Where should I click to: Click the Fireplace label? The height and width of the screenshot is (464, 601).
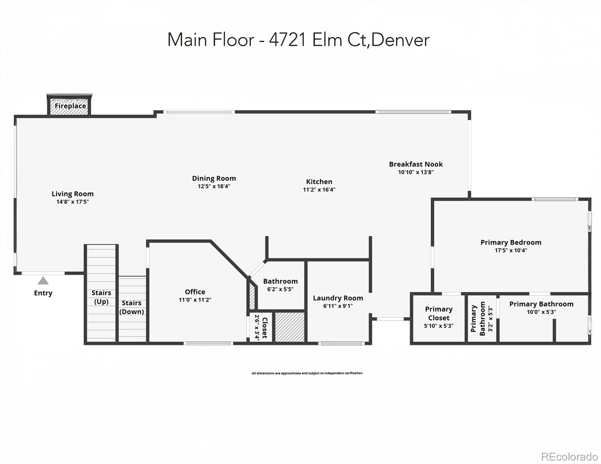[x=70, y=106]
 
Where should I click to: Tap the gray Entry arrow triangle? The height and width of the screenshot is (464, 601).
[x=43, y=281]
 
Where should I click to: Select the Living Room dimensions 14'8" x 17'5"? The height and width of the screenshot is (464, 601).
[x=73, y=202]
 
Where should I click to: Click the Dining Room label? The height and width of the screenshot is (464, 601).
[x=214, y=178]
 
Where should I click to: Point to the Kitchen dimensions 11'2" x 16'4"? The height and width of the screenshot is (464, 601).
[x=319, y=190]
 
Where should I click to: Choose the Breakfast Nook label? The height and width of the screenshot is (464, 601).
[x=416, y=164]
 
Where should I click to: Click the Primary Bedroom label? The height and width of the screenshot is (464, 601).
[x=510, y=242]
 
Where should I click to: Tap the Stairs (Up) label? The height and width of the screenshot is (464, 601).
[x=101, y=297]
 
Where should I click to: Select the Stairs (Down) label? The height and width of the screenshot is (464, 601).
[x=132, y=307]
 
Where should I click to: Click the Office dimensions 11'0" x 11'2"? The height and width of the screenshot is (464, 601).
[x=195, y=300]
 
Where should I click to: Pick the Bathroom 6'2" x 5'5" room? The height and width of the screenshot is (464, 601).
[x=280, y=285]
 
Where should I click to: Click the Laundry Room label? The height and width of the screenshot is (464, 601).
[x=338, y=298]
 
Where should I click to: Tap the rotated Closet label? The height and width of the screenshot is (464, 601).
[x=265, y=328]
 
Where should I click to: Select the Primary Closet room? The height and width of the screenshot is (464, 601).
[x=438, y=317]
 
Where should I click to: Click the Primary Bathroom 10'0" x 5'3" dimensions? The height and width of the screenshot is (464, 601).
[x=541, y=312]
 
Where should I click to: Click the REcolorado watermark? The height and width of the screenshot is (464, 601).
[x=569, y=456]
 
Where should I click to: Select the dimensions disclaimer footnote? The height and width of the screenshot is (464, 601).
[x=307, y=373]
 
